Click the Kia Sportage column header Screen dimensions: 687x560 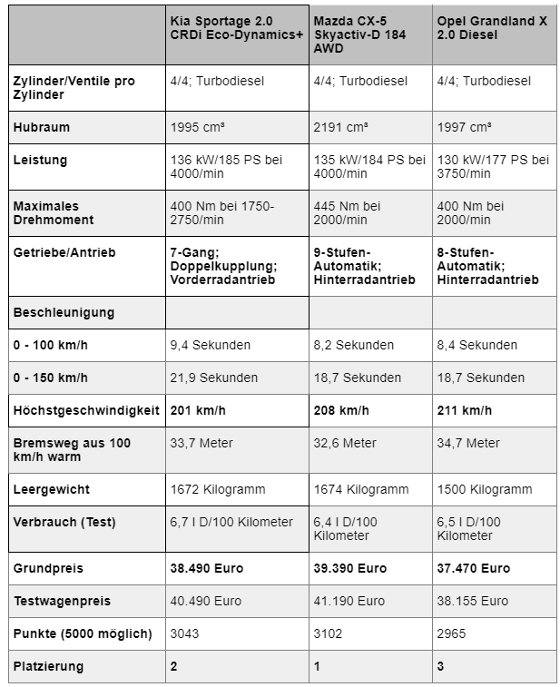(234, 31)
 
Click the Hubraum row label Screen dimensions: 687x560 (41, 128)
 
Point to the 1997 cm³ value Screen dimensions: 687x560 (465, 128)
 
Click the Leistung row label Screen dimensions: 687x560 (40, 160)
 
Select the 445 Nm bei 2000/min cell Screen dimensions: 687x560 (347, 213)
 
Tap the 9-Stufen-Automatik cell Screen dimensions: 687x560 (361, 265)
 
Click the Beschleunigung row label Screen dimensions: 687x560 (64, 312)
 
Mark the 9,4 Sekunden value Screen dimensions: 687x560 (211, 345)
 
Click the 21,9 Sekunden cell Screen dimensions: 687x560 (214, 378)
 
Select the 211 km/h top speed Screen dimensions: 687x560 (465, 410)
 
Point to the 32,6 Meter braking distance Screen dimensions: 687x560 (345, 443)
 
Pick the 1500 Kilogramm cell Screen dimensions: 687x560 (485, 489)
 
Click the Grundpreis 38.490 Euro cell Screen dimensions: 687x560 (209, 568)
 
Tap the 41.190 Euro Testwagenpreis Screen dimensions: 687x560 (349, 601)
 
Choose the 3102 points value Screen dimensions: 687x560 (328, 633)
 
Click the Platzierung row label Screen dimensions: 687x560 (48, 666)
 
